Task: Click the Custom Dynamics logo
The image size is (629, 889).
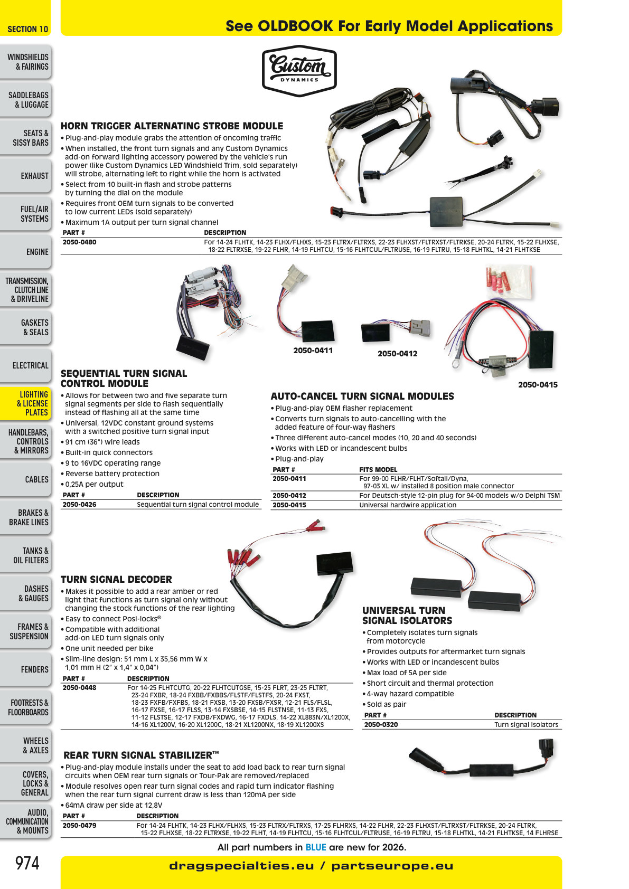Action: point(299,71)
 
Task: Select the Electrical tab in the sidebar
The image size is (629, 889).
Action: point(26,365)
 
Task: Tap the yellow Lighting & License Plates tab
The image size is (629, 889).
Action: point(26,403)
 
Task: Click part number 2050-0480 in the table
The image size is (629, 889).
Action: point(79,242)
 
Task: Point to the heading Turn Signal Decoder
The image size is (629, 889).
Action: point(116,579)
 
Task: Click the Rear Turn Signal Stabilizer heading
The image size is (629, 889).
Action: point(141,755)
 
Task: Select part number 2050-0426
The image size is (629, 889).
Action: point(79,505)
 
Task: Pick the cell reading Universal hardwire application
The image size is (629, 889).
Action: point(408,505)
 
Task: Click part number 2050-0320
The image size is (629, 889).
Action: point(381,724)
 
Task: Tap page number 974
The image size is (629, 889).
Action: point(27,863)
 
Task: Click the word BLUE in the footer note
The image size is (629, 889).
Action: point(316,847)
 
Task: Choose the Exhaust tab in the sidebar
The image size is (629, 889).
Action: point(26,176)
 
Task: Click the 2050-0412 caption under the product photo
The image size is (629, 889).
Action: point(397,354)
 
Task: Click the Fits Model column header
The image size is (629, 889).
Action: point(378,469)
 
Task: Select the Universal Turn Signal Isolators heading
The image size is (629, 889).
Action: point(407,616)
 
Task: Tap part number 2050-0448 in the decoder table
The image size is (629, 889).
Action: point(79,688)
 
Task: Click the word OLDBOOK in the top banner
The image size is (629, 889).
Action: point(295,26)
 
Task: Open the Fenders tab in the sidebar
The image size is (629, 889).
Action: point(26,669)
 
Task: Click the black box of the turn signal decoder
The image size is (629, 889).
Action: point(334,562)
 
